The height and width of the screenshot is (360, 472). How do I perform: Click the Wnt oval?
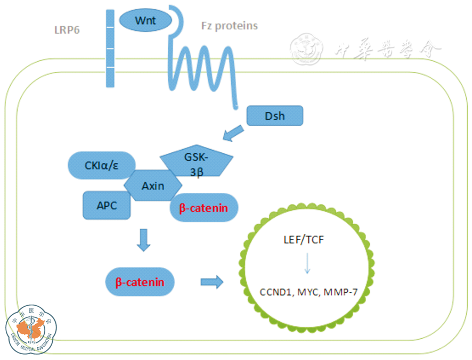pyautogui.click(x=145, y=21)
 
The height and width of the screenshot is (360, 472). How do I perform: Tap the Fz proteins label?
pyautogui.click(x=229, y=26)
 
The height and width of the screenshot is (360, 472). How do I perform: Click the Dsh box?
pyautogui.click(x=275, y=116)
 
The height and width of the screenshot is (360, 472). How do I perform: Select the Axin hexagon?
pyautogui.click(x=153, y=186)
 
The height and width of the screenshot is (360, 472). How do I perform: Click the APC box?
pyautogui.click(x=107, y=205)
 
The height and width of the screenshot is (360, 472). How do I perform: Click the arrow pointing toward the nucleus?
pyautogui.click(x=211, y=282)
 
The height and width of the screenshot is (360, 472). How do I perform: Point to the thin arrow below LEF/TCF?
pyautogui.click(x=307, y=264)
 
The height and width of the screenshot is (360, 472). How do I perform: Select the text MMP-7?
pyautogui.click(x=343, y=292)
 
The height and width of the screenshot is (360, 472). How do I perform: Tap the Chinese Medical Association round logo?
pyautogui.click(x=32, y=329)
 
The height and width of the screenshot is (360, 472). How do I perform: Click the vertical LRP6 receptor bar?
pyautogui.click(x=110, y=48)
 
